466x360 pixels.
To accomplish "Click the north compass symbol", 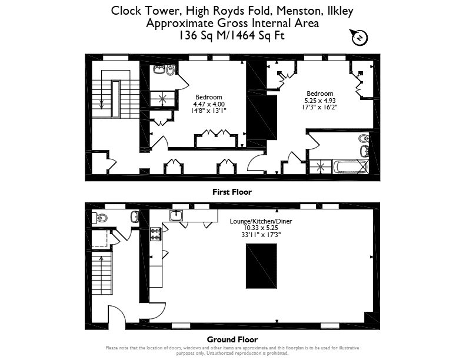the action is coord(360,38).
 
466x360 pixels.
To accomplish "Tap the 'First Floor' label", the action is coord(232,192).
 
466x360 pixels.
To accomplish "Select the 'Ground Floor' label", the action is coord(232,339).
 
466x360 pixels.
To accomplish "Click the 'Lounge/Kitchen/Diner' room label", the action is coord(261,221).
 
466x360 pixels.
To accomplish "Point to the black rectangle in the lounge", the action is coord(261,266).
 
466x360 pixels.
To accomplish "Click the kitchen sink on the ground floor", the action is coord(177,215).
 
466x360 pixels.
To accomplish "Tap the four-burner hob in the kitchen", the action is coord(155,234).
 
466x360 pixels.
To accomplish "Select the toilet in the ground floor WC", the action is coord(99,218).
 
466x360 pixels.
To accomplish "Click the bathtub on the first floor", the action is coord(351,167).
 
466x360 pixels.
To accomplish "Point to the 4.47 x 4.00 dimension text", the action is coord(209,104).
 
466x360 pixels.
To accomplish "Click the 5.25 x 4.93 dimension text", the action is coord(319,101).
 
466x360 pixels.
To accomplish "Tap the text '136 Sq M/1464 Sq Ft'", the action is coord(231,35).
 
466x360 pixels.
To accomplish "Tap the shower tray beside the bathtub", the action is coord(320,166).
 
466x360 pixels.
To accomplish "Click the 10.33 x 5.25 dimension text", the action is coord(261,228).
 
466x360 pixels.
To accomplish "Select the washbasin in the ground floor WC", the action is coord(135,216).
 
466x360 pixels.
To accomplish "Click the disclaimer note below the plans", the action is coord(232,351).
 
